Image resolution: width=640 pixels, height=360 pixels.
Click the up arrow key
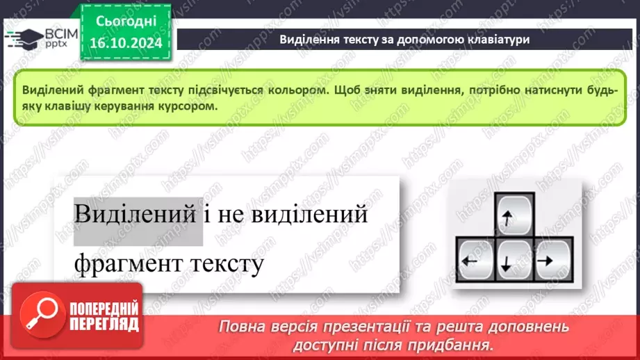pos(515,215)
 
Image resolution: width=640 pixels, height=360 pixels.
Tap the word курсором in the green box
pos(184,107)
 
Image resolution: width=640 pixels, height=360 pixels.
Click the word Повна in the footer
pos(243,326)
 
